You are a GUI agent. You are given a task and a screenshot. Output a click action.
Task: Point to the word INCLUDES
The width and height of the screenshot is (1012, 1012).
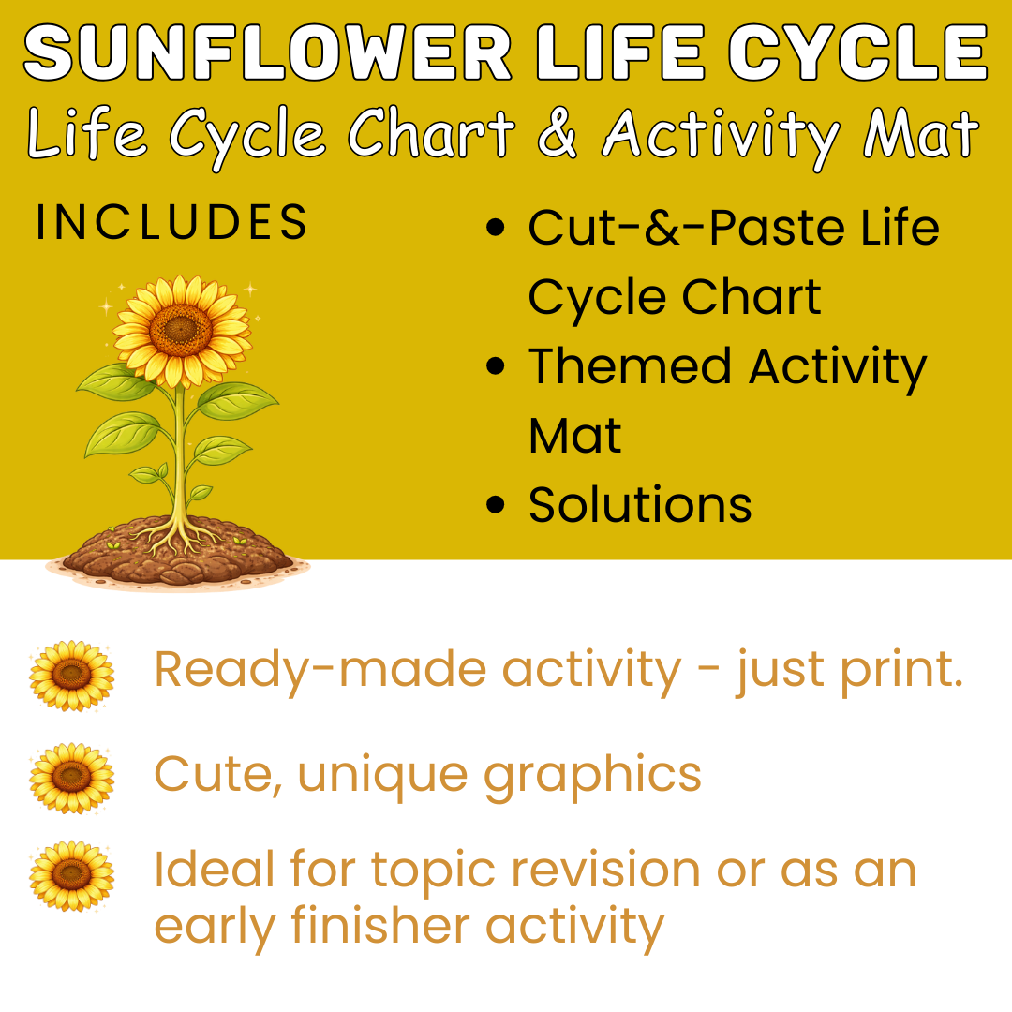(171, 223)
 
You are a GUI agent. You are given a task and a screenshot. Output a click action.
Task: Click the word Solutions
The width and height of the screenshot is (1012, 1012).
(640, 505)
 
